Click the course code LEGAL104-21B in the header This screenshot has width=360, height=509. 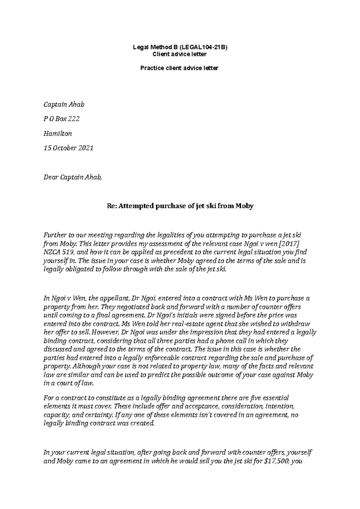tap(204, 47)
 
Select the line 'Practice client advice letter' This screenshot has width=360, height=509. tap(180, 68)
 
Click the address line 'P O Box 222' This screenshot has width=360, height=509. tap(61, 119)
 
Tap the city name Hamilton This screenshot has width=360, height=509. tap(58, 133)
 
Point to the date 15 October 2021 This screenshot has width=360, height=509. tap(68, 148)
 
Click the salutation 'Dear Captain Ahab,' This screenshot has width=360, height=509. tap(73, 177)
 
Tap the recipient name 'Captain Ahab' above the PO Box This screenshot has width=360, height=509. tap(64, 105)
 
